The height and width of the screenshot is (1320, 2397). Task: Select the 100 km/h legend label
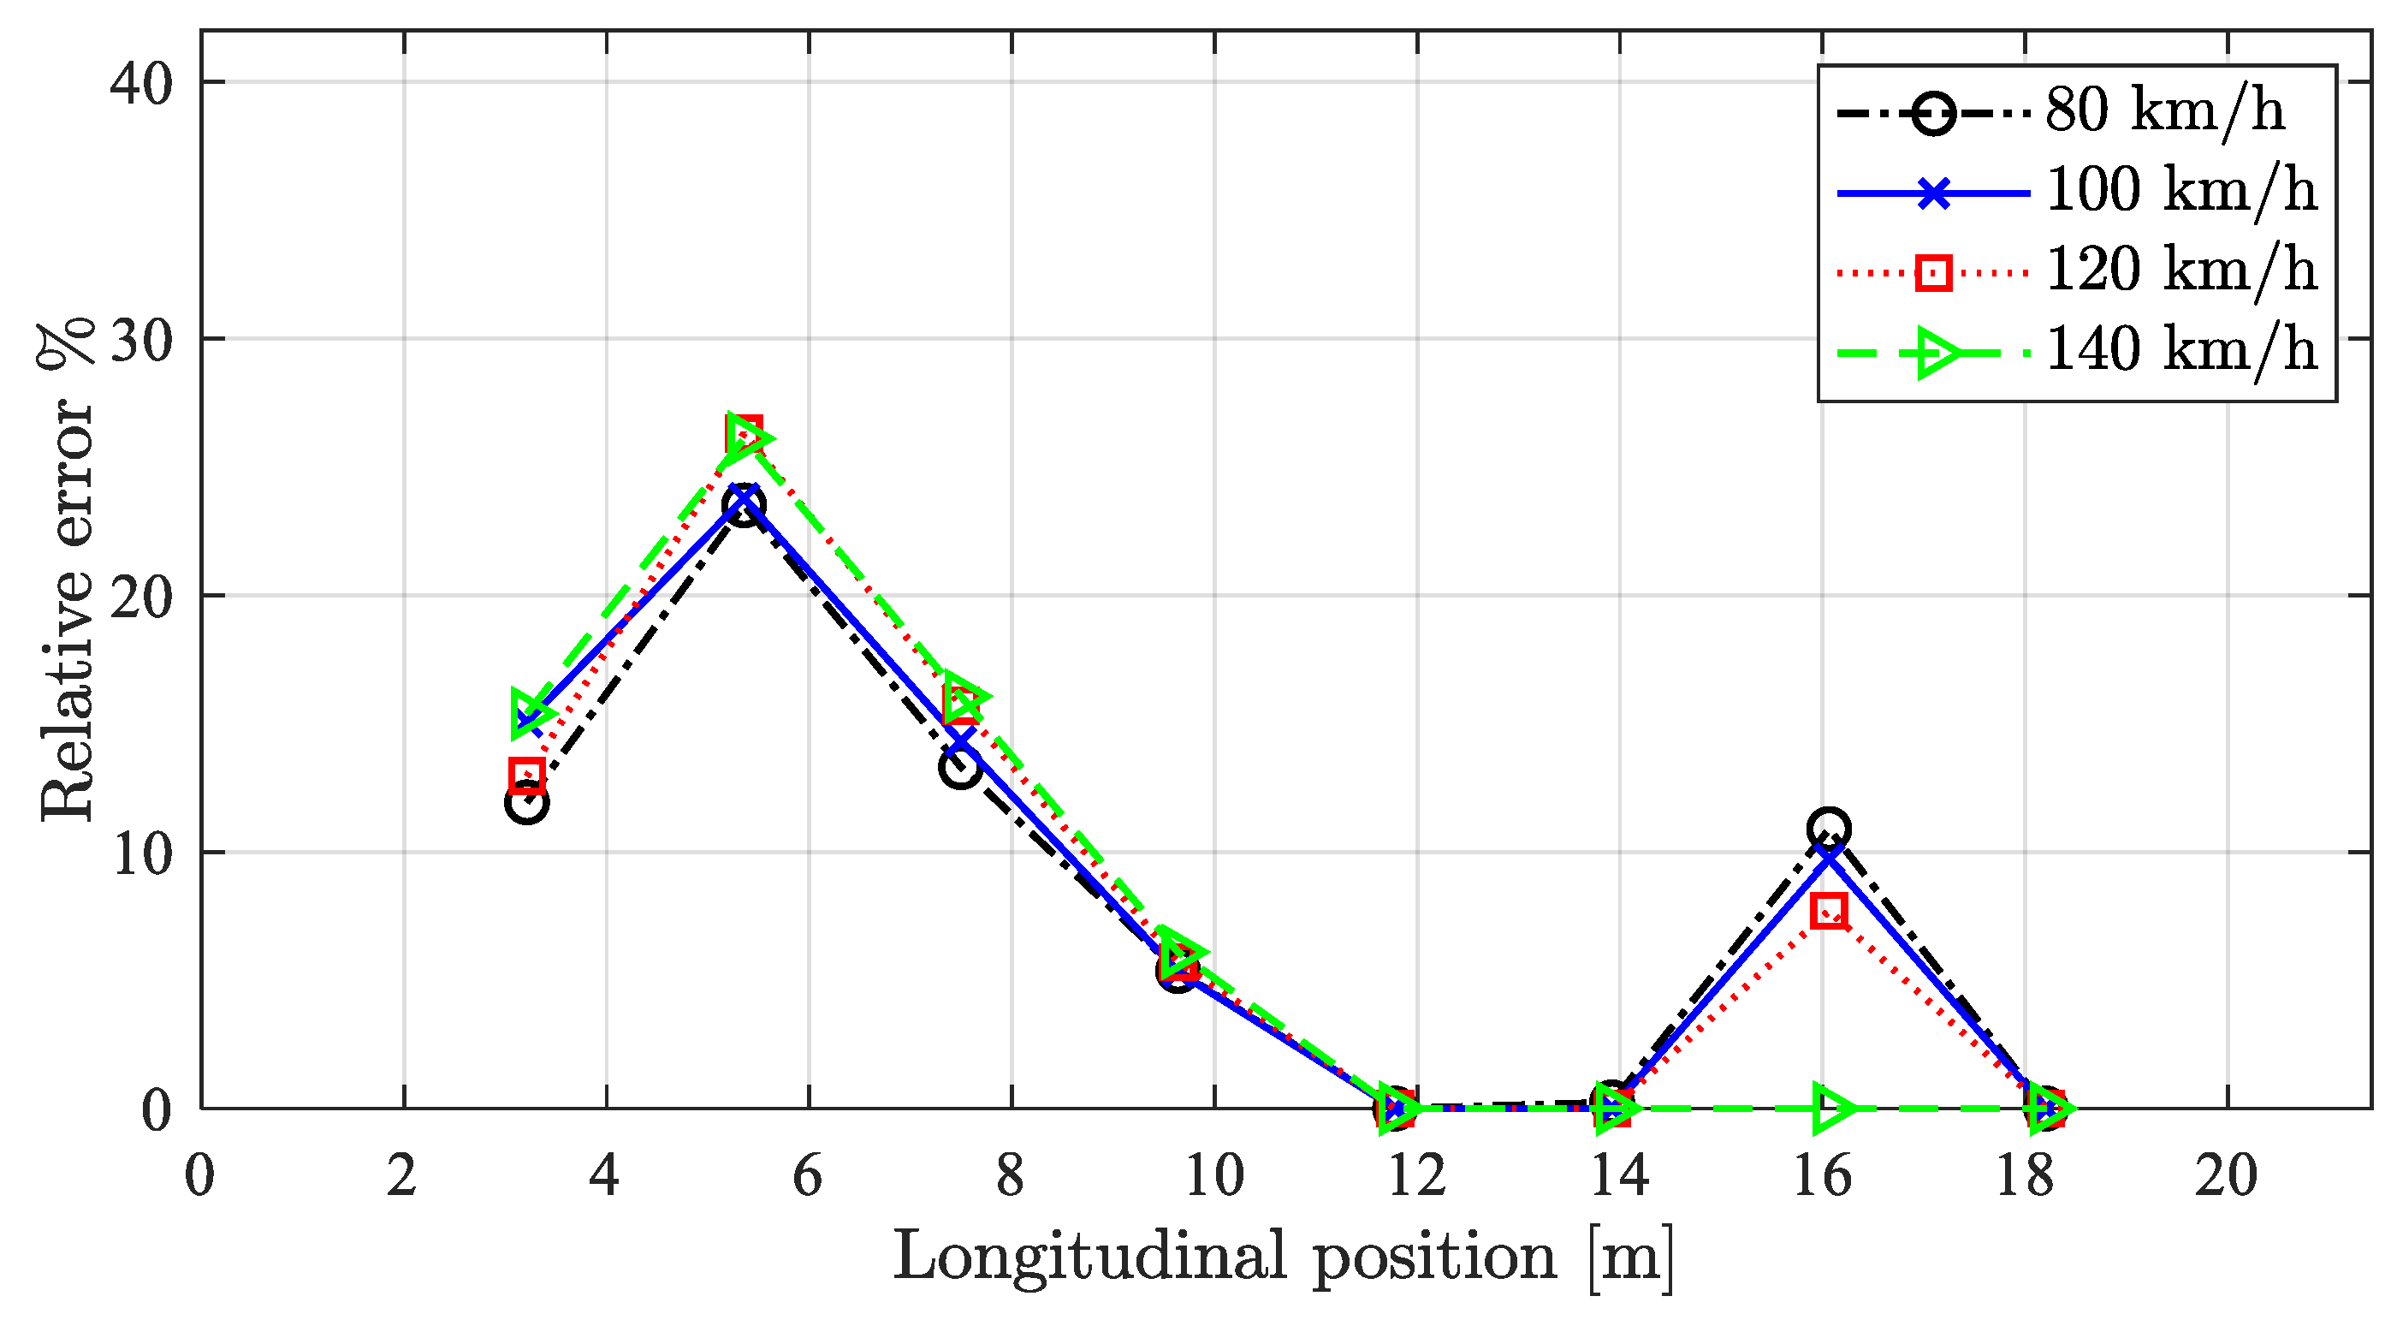pyautogui.click(x=2180, y=192)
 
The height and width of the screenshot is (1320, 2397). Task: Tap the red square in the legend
pyautogui.click(x=1932, y=274)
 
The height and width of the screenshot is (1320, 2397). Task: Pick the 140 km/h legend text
pyautogui.click(x=2180, y=352)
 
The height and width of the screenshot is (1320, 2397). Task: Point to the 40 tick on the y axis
pyautogui.click(x=141, y=84)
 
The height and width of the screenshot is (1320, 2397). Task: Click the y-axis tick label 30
pyautogui.click(x=141, y=341)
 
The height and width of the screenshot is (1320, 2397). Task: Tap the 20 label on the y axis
pyautogui.click(x=141, y=597)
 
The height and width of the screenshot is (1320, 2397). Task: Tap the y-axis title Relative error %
pyautogui.click(x=67, y=570)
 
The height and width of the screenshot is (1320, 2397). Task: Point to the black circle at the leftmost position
pyautogui.click(x=526, y=802)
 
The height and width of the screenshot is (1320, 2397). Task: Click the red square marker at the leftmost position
pyautogui.click(x=526, y=775)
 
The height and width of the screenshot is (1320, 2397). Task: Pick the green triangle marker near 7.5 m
pyautogui.click(x=963, y=696)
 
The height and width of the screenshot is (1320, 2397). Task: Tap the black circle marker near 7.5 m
pyautogui.click(x=960, y=768)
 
